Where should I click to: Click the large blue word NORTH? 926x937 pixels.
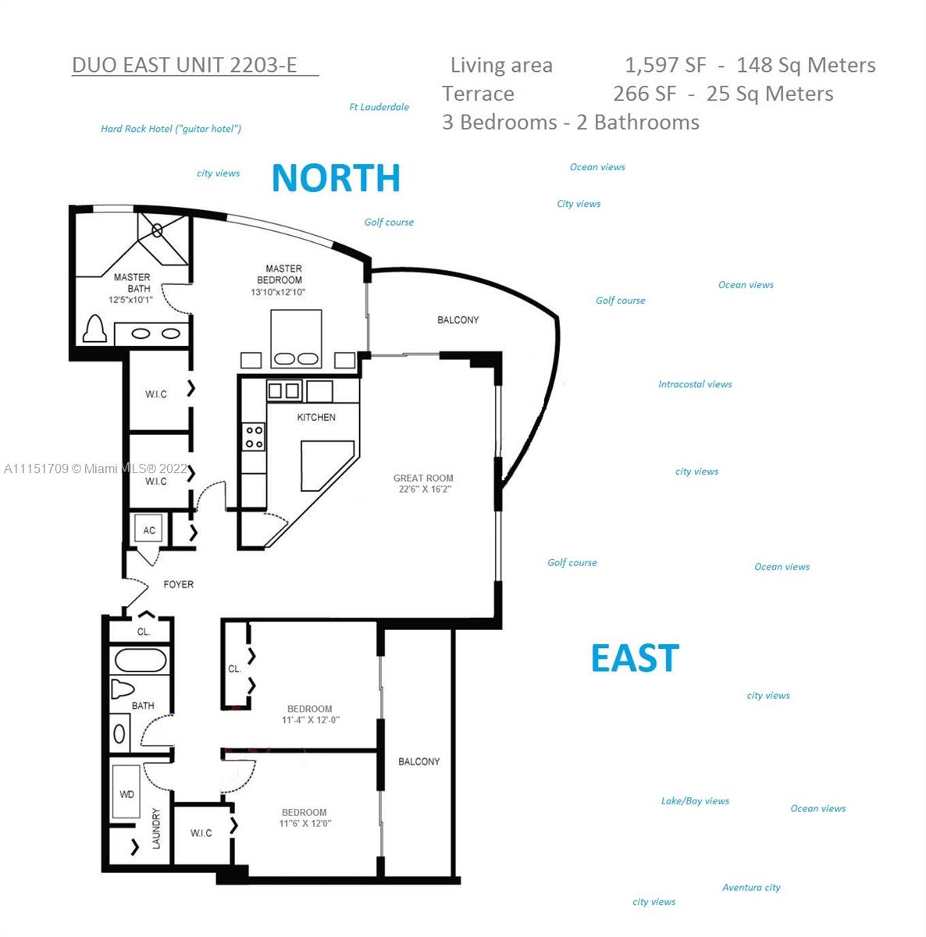(336, 178)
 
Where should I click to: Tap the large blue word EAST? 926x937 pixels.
(636, 658)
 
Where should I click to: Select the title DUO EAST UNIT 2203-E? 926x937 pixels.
(184, 65)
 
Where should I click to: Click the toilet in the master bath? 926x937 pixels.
(94, 329)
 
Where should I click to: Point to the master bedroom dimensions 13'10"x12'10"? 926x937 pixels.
(278, 292)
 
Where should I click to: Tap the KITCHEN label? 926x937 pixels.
(316, 417)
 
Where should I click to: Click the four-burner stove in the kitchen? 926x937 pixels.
(254, 436)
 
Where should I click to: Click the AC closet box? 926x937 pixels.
(149, 529)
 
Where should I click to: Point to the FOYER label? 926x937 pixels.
(179, 585)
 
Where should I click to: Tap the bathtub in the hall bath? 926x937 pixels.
(141, 661)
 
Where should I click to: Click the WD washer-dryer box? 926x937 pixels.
(126, 793)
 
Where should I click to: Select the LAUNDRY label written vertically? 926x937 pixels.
(156, 828)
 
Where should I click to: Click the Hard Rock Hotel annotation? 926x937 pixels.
(171, 129)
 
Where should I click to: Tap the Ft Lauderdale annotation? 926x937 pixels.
(379, 107)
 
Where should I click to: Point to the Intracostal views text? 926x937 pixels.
(695, 384)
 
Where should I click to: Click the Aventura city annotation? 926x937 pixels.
(751, 887)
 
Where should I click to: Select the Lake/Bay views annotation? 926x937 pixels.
(695, 801)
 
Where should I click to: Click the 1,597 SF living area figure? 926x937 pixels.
(665, 65)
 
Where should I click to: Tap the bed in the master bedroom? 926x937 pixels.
(296, 338)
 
